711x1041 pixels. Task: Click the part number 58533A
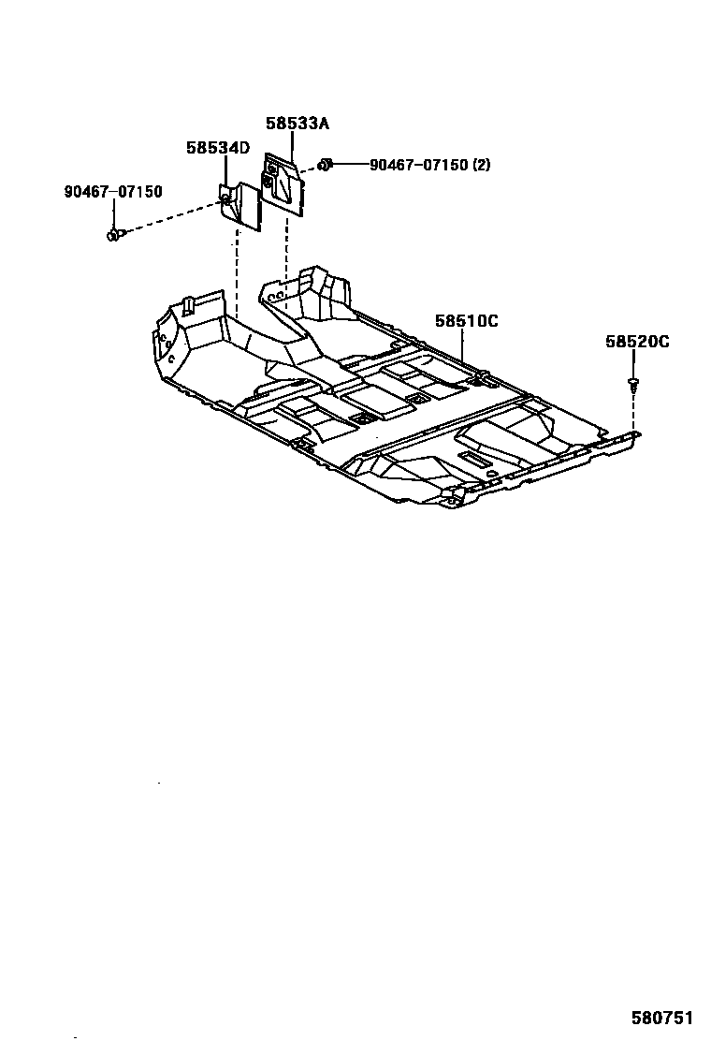coord(297,124)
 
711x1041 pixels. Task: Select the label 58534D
coord(217,148)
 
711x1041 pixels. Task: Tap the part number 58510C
coord(466,321)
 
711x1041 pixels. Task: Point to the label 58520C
coord(637,343)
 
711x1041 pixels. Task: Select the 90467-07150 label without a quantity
coord(113,192)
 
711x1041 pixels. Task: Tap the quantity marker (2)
coord(481,166)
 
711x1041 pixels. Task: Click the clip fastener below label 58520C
coord(634,383)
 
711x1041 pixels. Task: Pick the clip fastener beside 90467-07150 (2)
coord(325,166)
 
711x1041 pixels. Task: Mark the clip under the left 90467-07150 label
coord(114,234)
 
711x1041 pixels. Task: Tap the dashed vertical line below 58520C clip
coord(634,412)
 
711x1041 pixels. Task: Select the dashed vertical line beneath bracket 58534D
coord(238,271)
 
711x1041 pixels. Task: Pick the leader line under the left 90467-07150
coord(113,213)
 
